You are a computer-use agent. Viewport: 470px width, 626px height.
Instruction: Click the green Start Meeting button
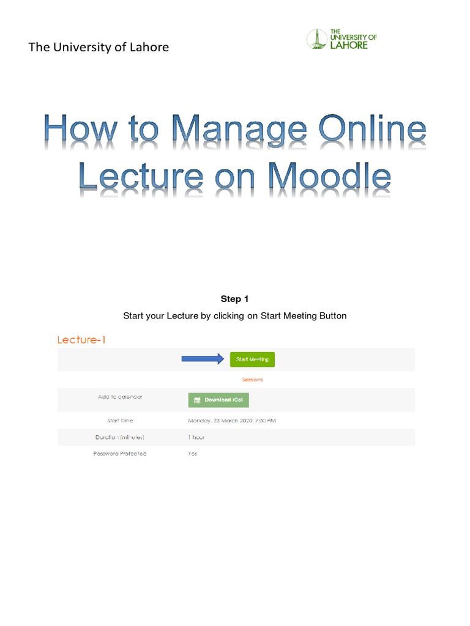tap(252, 359)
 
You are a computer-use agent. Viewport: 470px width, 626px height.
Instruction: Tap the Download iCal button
tap(218, 400)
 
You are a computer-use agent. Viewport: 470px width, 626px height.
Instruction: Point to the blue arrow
tap(203, 359)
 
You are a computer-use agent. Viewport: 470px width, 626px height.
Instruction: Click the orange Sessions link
tap(252, 380)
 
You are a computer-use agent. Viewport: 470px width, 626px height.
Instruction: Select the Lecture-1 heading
tap(81, 340)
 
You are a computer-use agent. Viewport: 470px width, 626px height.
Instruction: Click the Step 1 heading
tap(234, 299)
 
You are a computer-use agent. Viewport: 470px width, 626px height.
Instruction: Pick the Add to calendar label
tap(120, 397)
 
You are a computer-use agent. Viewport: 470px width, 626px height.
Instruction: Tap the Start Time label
tap(120, 421)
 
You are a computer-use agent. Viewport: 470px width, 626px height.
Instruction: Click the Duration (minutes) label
tap(120, 437)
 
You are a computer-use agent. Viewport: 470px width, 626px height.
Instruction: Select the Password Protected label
tap(120, 454)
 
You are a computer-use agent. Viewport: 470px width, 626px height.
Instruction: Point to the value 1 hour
tap(196, 437)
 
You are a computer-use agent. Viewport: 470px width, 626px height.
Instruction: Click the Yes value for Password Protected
tap(193, 454)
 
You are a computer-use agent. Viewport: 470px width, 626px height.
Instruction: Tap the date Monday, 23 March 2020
tap(224, 421)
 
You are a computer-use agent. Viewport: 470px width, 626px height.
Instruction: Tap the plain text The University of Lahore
tap(99, 47)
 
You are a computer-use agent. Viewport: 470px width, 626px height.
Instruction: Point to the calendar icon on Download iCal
tap(197, 400)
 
